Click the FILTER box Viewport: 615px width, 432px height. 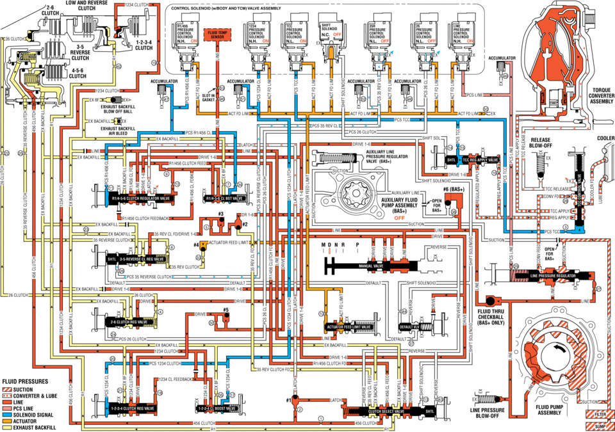pos(600,414)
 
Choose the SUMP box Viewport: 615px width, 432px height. pos(600,425)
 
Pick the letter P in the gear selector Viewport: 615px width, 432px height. pos(357,245)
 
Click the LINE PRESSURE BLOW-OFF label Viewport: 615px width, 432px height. pos(489,412)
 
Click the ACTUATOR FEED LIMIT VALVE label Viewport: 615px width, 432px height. pos(349,327)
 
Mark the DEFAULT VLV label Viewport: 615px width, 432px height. pos(408,326)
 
